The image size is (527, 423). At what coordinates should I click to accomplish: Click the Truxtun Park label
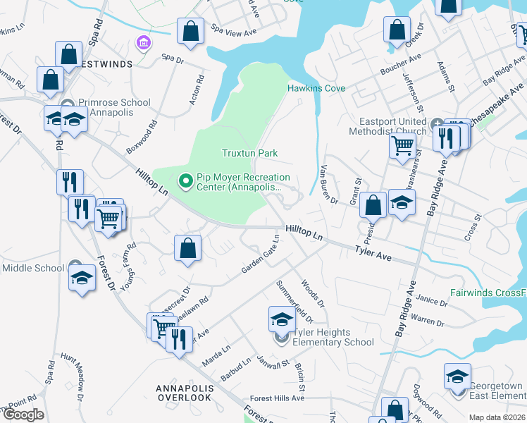click(x=250, y=153)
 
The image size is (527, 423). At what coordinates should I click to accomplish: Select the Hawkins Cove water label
click(x=316, y=88)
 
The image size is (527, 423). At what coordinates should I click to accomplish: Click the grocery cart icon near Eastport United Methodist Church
click(x=402, y=146)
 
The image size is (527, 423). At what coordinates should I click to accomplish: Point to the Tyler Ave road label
click(x=373, y=250)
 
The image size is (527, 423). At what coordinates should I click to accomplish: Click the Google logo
click(x=23, y=415)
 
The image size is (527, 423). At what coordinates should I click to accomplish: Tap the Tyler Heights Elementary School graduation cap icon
click(x=282, y=319)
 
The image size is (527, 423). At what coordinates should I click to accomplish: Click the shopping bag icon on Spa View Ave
click(x=190, y=31)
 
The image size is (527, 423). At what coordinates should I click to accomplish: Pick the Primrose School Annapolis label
click(x=114, y=107)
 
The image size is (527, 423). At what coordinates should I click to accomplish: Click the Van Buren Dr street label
click(x=330, y=183)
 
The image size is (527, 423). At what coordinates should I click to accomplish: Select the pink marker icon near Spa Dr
click(x=144, y=43)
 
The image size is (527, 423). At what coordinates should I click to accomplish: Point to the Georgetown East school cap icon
click(x=457, y=376)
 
